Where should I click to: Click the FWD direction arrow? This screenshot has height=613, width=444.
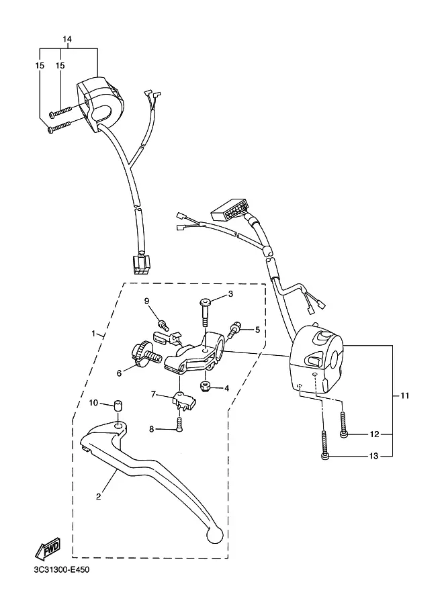coord(47,548)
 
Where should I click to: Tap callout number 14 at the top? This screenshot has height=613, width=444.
coord(67,39)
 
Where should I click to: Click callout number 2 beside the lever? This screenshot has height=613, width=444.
coord(99,496)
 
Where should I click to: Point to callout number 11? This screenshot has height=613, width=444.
coord(405,395)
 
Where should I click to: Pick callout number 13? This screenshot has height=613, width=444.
coord(374,456)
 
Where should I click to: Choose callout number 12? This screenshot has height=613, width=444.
coord(374,434)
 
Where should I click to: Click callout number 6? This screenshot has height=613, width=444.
coord(119,373)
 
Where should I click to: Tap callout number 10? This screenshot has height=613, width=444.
coord(93,403)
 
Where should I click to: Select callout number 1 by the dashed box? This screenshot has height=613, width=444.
coord(93,334)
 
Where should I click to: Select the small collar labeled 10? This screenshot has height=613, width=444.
coord(117,406)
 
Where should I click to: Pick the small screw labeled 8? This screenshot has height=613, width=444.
coord(179,424)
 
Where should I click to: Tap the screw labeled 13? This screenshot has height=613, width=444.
coord(324,445)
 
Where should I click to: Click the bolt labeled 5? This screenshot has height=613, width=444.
coord(234,330)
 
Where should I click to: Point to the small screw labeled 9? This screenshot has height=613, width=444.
coord(162,324)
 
